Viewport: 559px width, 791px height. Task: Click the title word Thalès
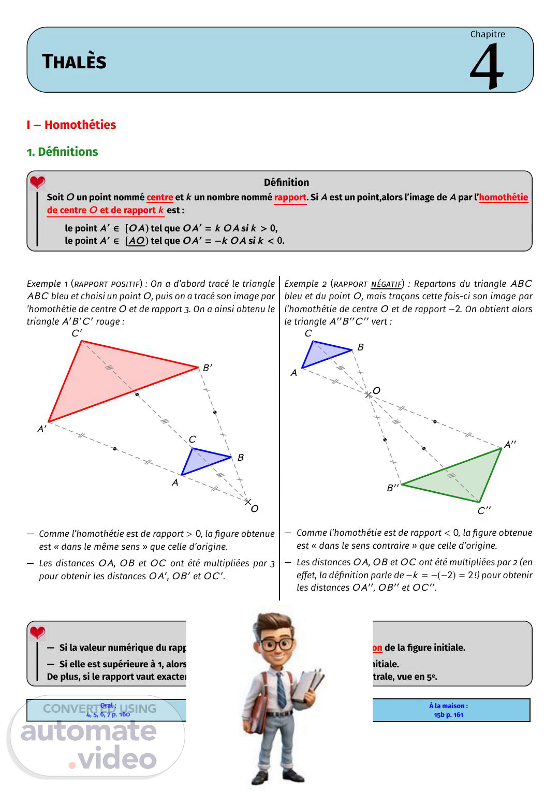[x=74, y=62]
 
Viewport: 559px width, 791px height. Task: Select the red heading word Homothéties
[x=80, y=125]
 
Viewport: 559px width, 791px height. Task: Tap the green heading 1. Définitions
[x=63, y=152]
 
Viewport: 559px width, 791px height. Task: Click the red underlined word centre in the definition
[x=159, y=197]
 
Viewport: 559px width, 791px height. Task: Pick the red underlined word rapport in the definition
[x=290, y=197]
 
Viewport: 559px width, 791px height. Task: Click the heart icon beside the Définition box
[x=37, y=182]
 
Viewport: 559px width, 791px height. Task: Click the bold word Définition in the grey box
[x=286, y=182]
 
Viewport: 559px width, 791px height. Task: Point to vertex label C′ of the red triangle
[x=77, y=333]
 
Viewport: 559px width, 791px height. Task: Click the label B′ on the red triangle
[x=207, y=368]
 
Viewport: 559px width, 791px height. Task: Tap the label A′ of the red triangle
[x=41, y=429]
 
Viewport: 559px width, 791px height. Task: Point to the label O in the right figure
[x=376, y=391]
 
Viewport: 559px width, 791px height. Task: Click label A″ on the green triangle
[x=510, y=445]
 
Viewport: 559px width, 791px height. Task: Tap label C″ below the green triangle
[x=484, y=511]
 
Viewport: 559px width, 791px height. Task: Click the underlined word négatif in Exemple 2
[x=386, y=284]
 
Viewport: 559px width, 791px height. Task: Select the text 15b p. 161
[x=448, y=715]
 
